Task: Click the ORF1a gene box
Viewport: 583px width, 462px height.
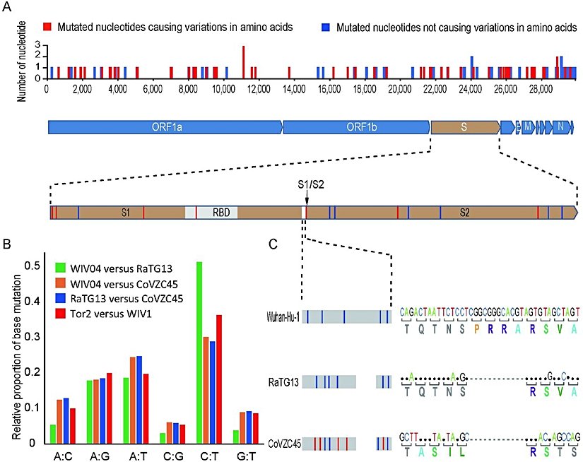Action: click(165, 127)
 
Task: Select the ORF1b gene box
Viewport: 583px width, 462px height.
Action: click(357, 127)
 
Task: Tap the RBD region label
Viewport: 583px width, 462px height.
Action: click(222, 211)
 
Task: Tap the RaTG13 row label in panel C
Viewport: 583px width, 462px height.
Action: click(284, 382)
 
